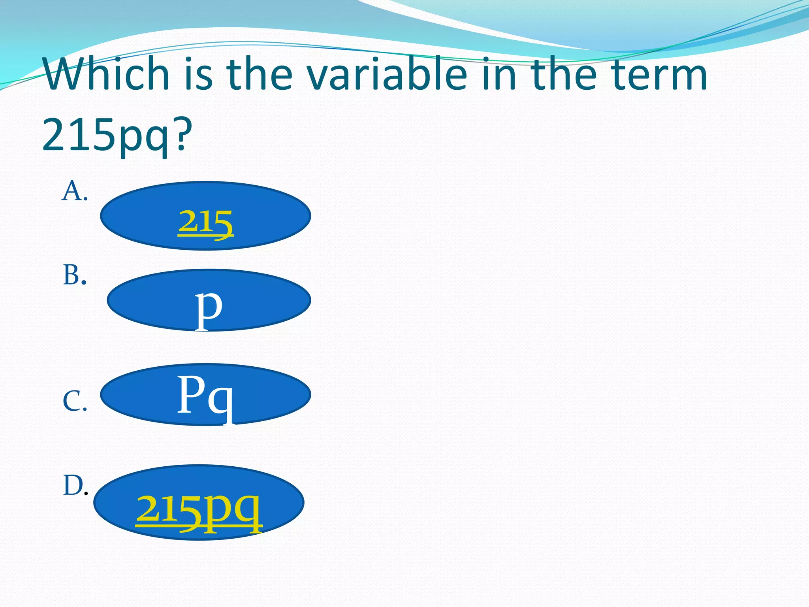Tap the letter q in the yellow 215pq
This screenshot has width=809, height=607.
[247, 510]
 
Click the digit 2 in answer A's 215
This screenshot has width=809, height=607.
[187, 221]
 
